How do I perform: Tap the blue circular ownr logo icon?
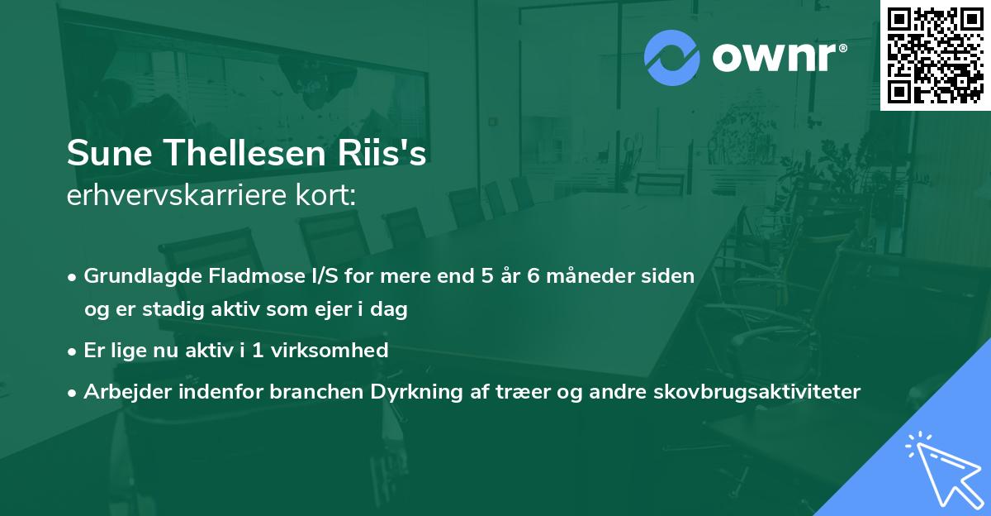(671, 58)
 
